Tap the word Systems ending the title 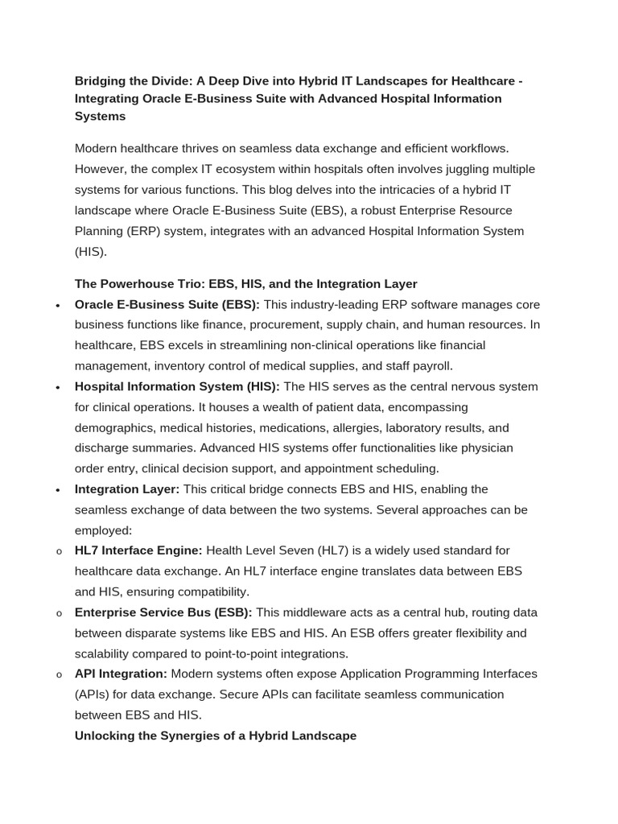(100, 116)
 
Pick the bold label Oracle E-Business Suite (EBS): (167, 304)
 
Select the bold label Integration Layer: (126, 489)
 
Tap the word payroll (431, 366)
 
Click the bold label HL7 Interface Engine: (138, 550)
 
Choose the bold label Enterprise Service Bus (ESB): (163, 612)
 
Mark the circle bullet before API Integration (59, 675)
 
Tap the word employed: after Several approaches (103, 530)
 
